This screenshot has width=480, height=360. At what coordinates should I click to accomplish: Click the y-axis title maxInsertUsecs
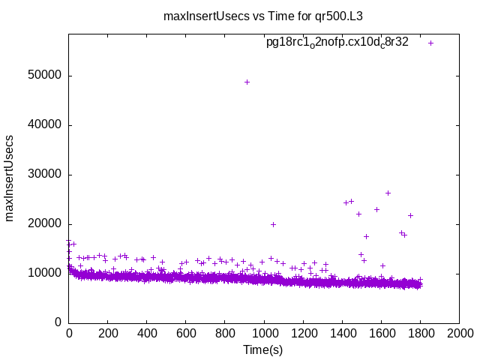click(10, 178)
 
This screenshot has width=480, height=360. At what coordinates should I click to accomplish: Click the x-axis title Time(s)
click(263, 349)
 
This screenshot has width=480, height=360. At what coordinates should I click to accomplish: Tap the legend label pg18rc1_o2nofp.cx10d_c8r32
click(337, 43)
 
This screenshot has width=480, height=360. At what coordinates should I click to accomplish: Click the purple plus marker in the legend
click(430, 43)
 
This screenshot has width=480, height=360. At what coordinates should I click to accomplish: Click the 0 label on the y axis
click(58, 322)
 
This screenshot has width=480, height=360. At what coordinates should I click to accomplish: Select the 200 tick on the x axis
click(108, 334)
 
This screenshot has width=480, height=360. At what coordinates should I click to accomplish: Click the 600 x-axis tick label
click(186, 334)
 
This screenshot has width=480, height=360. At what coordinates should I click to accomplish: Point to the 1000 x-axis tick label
click(264, 334)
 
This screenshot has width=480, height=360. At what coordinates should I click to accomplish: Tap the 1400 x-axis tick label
click(342, 334)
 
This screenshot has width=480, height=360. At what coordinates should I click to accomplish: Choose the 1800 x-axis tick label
click(420, 334)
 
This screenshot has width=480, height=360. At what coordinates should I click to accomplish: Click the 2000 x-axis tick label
click(459, 334)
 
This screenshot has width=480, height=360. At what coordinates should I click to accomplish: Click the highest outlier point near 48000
click(247, 82)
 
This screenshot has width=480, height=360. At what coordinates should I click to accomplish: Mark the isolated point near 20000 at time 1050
click(273, 224)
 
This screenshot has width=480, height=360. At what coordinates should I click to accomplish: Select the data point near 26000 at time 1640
click(388, 193)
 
